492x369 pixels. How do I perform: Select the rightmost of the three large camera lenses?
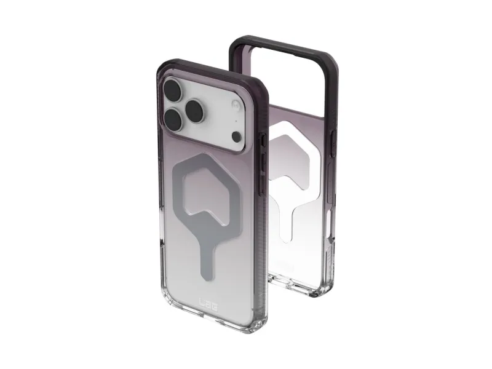[x=196, y=109]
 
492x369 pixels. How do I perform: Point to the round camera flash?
[x=236, y=104]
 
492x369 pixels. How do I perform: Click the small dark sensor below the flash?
[x=236, y=136]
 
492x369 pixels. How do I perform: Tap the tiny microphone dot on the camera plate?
[x=236, y=121]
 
